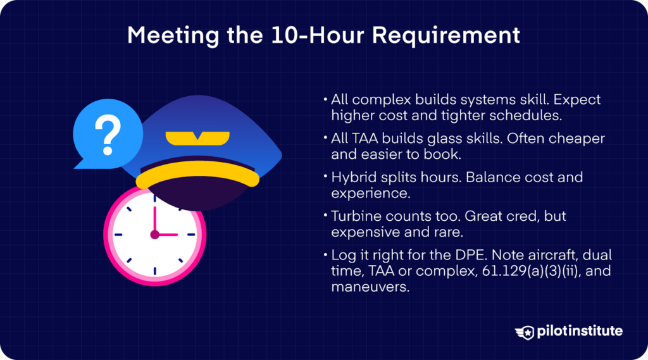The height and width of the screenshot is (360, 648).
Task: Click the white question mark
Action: tap(107, 133)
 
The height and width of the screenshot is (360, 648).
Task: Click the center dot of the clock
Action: tap(154, 235)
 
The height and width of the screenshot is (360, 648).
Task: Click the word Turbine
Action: tap(355, 216)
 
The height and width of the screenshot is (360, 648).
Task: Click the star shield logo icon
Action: tap(525, 332)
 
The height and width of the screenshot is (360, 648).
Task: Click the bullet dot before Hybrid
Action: tap(325, 178)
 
